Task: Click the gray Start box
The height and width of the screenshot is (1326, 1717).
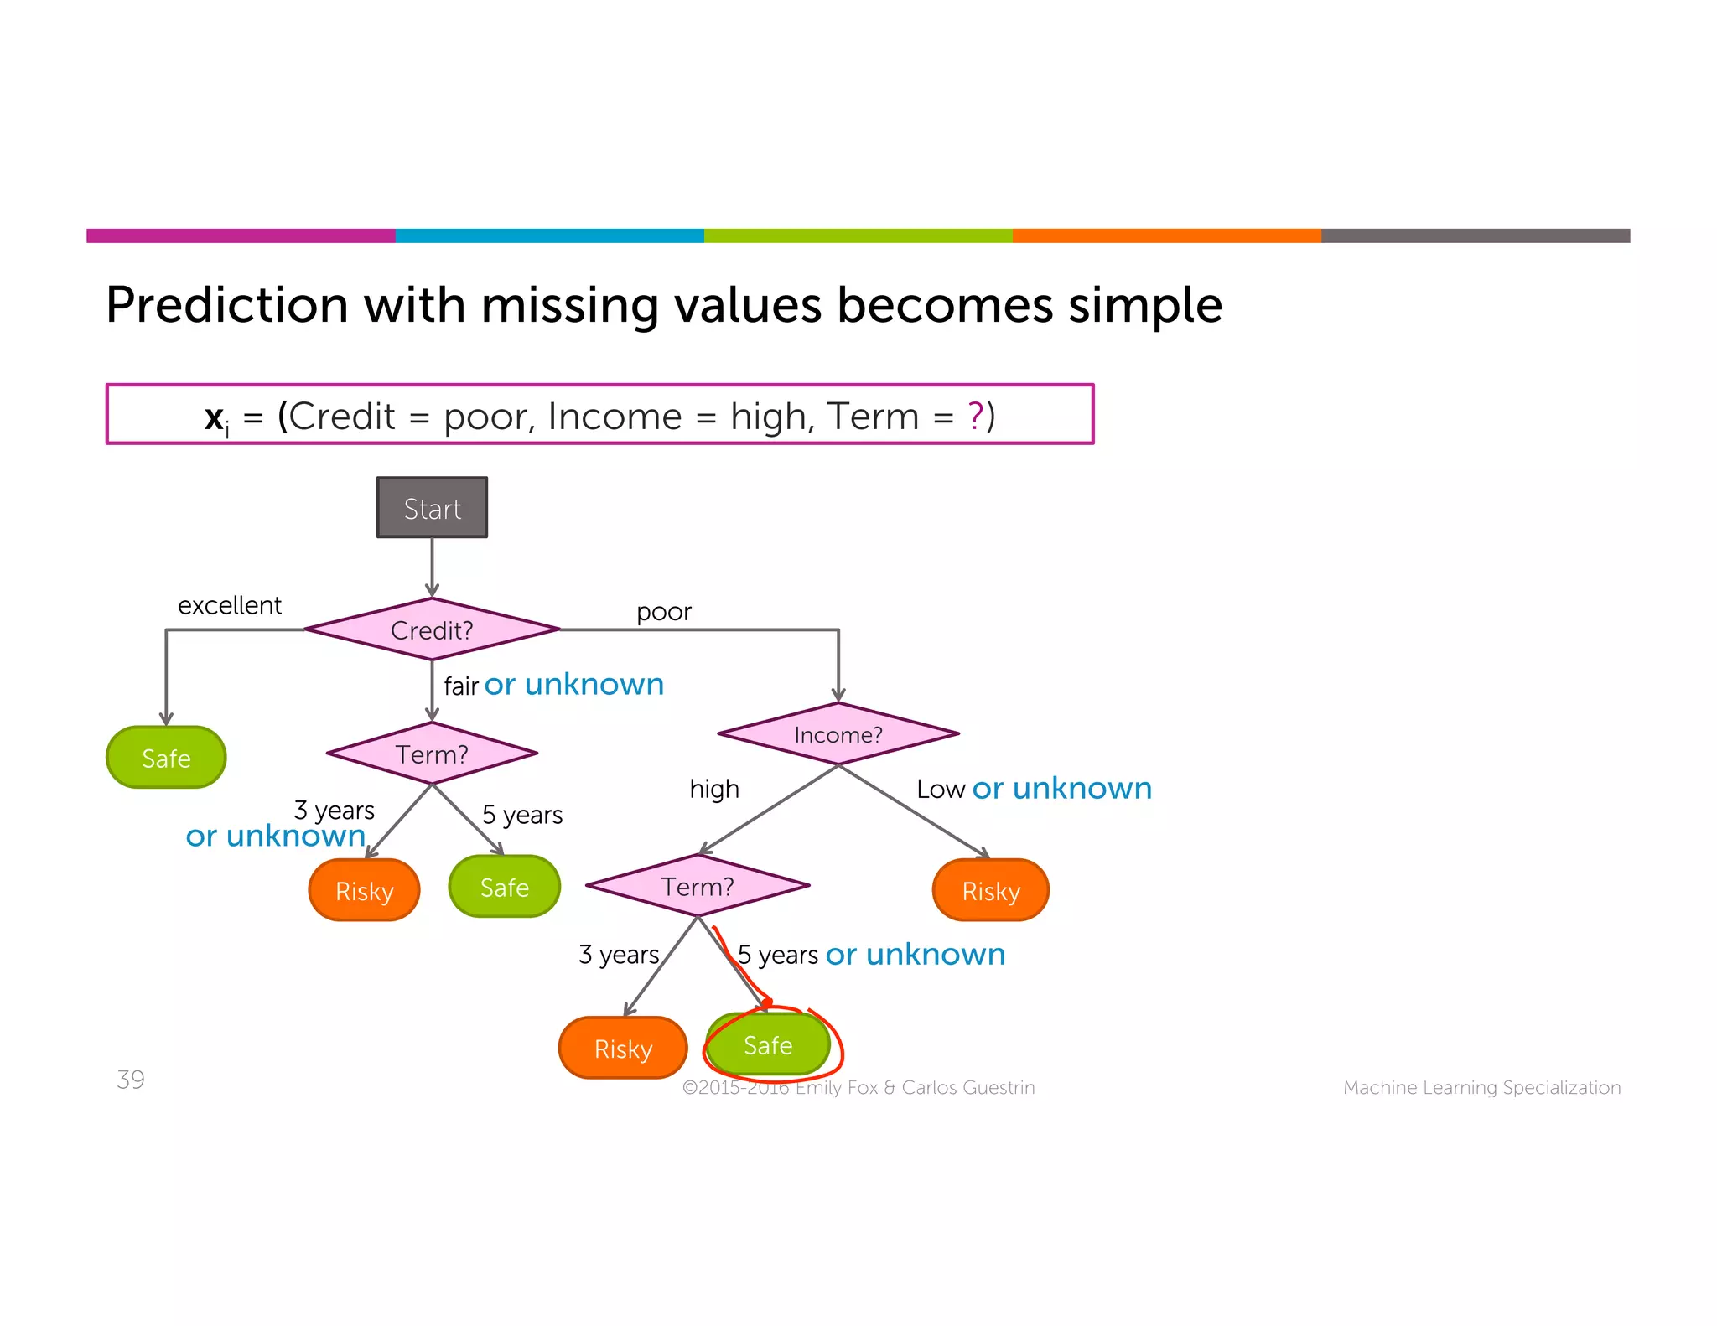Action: pyautogui.click(x=432, y=508)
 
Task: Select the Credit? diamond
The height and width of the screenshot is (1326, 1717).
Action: pyautogui.click(x=432, y=629)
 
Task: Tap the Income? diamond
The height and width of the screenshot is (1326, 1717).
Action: pyautogui.click(x=838, y=734)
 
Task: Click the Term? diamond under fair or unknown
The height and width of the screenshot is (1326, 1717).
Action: pyautogui.click(x=432, y=754)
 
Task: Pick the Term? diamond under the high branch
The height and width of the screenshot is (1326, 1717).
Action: pyautogui.click(x=698, y=886)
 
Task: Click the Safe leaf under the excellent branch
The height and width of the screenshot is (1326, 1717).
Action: pyautogui.click(x=166, y=758)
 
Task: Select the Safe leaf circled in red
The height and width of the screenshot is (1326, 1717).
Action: pyautogui.click(x=768, y=1045)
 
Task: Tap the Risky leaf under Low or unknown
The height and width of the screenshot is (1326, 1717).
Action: pyautogui.click(x=991, y=890)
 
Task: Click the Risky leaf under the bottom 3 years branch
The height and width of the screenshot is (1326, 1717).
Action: pyautogui.click(x=623, y=1048)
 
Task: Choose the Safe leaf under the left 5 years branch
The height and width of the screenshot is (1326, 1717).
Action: pyautogui.click(x=504, y=887)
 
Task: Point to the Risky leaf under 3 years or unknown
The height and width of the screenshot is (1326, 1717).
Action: pyautogui.click(x=364, y=890)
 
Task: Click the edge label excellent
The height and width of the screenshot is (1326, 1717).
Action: pyautogui.click(x=229, y=605)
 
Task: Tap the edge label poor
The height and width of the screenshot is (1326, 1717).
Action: pyautogui.click(x=663, y=612)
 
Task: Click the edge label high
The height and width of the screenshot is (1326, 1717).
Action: pyautogui.click(x=714, y=789)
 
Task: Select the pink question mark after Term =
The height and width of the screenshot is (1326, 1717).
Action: pyautogui.click(x=975, y=416)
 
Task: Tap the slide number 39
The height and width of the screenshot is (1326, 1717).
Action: pyautogui.click(x=131, y=1080)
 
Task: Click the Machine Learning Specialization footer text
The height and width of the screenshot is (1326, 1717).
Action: pyautogui.click(x=1481, y=1087)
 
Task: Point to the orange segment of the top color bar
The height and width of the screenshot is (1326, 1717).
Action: pyautogui.click(x=1166, y=236)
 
